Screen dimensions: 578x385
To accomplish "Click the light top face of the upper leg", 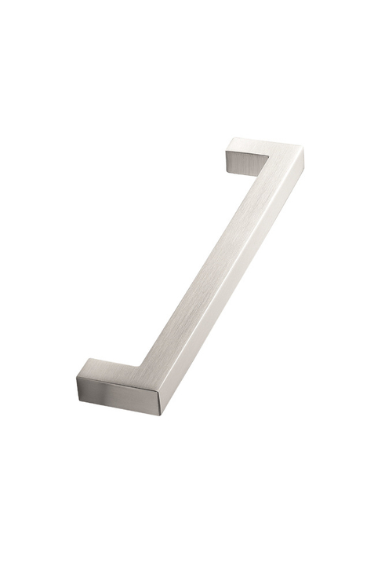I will click(259, 146).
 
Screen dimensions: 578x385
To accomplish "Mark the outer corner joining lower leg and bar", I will click(165, 410).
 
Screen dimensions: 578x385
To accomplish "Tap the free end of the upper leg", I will click(229, 154).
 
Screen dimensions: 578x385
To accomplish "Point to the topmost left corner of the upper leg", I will click(230, 139).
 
